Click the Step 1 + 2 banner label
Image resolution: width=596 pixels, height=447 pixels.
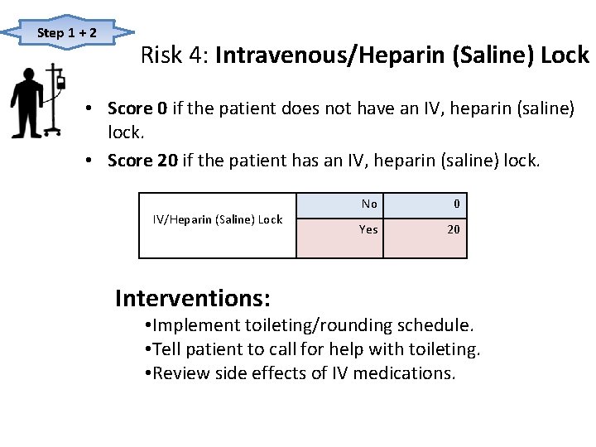pyautogui.click(x=67, y=33)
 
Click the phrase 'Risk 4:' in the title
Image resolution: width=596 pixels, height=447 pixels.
pyautogui.click(x=175, y=56)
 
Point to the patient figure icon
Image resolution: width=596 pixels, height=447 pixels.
pyautogui.click(x=26, y=102)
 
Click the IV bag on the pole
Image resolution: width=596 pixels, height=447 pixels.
pyautogui.click(x=60, y=81)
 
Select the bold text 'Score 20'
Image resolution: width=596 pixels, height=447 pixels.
pyautogui.click(x=142, y=161)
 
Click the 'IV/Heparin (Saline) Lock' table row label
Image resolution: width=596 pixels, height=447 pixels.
pyautogui.click(x=218, y=219)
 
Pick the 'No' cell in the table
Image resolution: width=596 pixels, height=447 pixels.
pyautogui.click(x=369, y=204)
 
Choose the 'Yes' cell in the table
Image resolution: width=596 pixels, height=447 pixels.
pyautogui.click(x=368, y=229)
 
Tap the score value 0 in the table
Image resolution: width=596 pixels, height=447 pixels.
pyautogui.click(x=456, y=204)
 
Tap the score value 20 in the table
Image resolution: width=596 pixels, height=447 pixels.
pyautogui.click(x=454, y=229)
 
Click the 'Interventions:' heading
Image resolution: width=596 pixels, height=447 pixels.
pyautogui.click(x=193, y=297)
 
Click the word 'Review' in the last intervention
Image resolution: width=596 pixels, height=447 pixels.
pyautogui.click(x=181, y=372)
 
